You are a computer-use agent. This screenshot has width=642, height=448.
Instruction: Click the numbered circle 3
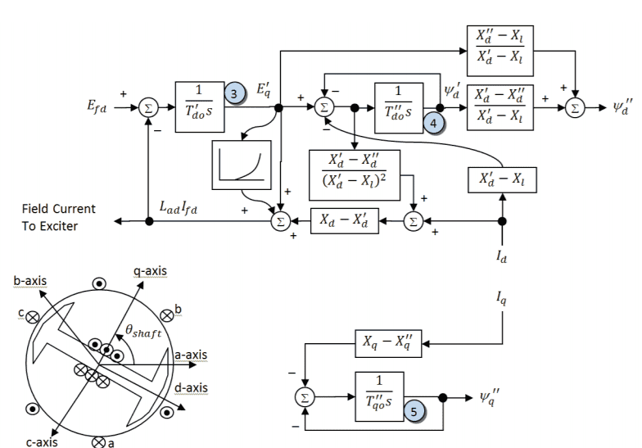[234, 94]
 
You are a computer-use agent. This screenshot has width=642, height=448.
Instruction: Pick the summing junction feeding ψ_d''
[576, 106]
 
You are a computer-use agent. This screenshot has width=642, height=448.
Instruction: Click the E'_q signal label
[260, 92]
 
